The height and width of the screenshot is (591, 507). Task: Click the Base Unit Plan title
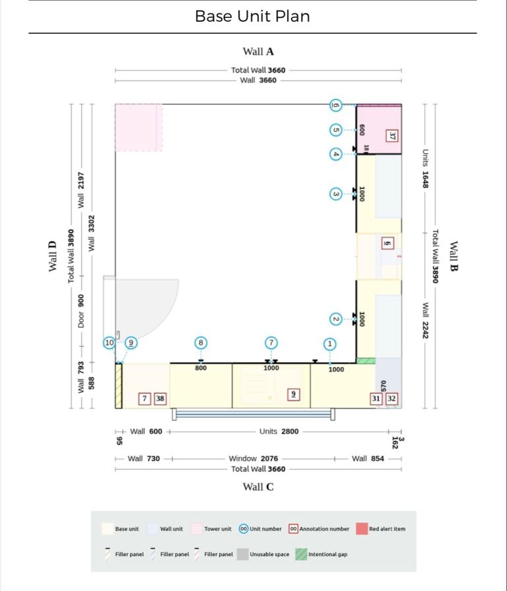252,17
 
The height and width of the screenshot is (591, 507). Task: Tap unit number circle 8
201,343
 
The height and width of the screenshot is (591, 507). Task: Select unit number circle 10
109,343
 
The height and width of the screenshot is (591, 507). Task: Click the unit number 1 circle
330,344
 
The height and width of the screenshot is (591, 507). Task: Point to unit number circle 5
335,130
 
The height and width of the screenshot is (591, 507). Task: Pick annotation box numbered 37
391,135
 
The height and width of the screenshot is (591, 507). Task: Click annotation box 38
160,398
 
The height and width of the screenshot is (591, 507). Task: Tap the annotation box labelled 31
376,398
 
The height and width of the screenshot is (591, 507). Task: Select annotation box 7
145,398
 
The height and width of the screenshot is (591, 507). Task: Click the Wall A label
258,52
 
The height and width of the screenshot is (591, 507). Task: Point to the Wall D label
52,256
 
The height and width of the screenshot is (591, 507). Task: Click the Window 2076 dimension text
253,459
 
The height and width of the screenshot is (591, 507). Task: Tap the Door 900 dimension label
81,311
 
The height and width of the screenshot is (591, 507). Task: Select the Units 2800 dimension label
279,431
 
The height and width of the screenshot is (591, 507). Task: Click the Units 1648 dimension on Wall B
425,168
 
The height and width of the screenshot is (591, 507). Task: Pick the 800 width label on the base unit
201,368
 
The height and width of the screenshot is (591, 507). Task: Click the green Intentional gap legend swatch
301,554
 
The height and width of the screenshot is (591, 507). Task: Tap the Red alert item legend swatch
362,529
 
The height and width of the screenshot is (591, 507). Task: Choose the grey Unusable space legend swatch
243,554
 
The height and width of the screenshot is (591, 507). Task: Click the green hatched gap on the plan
366,361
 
